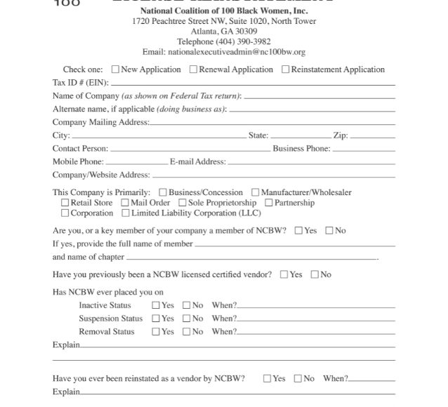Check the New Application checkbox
pyautogui.click(x=116, y=69)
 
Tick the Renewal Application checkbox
pyautogui.click(x=195, y=69)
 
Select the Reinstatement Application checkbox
pyautogui.click(x=286, y=69)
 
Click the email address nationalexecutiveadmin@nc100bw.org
pyautogui.click(x=223, y=52)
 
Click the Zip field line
pyautogui.click(x=372, y=136)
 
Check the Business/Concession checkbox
pyautogui.click(x=163, y=192)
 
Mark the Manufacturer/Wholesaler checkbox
pyautogui.click(x=256, y=192)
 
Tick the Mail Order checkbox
pyautogui.click(x=125, y=203)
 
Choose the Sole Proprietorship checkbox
pyautogui.click(x=182, y=203)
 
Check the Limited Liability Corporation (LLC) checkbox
pyautogui.click(x=125, y=213)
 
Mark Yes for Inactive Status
pyautogui.click(x=156, y=305)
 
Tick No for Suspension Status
pyautogui.click(x=187, y=319)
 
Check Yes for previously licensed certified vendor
pyautogui.click(x=284, y=274)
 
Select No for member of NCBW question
pyautogui.click(x=329, y=231)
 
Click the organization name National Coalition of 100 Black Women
pyautogui.click(x=224, y=11)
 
